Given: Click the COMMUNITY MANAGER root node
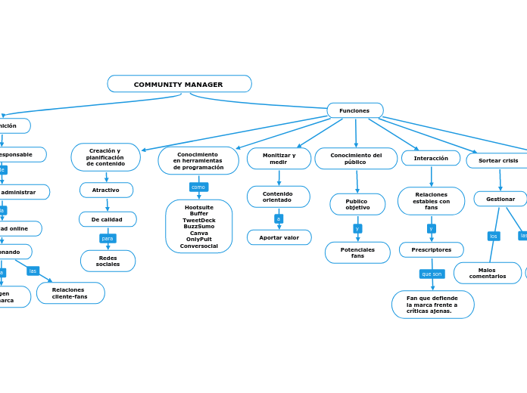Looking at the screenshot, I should click(179, 84).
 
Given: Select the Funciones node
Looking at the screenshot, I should click(354, 111).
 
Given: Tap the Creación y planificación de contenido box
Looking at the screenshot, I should click(106, 157).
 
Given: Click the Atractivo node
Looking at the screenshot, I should click(106, 190).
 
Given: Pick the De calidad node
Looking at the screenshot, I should click(108, 219).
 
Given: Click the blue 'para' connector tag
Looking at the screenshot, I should click(108, 238).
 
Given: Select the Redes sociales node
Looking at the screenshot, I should click(108, 261).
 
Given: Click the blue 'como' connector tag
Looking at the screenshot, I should click(198, 187).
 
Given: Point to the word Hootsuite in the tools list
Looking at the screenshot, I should click(198, 207).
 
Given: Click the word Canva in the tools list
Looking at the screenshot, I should click(198, 233).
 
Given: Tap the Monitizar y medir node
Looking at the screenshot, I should click(279, 159).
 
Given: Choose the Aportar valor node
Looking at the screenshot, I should click(279, 237).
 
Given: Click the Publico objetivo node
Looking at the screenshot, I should click(357, 205).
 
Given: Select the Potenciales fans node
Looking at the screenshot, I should click(357, 252).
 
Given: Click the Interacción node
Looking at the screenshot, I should click(431, 158).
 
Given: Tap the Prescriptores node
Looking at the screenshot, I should click(431, 249).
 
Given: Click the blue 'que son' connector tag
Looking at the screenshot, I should click(432, 274).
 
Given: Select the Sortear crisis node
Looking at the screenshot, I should click(498, 160).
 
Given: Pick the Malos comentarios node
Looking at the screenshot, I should click(488, 273).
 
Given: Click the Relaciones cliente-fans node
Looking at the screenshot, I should click(70, 293).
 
